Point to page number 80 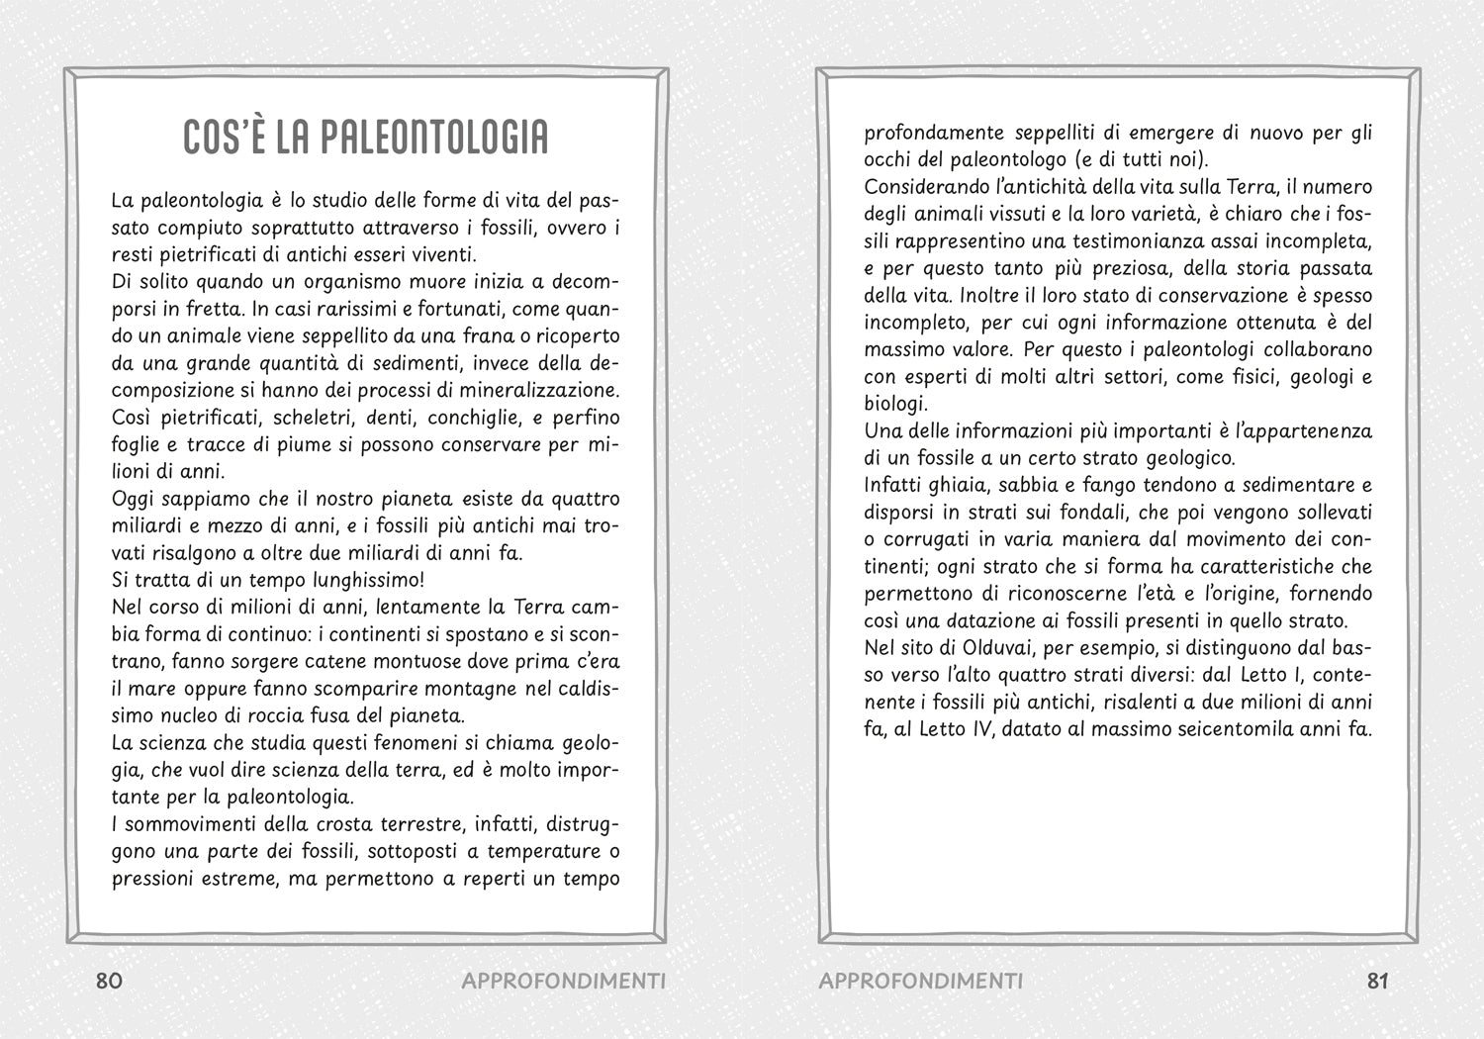[x=109, y=981]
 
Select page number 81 [x=1378, y=981]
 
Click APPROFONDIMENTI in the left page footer [x=563, y=981]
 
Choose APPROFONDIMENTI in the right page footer [x=921, y=981]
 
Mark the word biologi [x=895, y=404]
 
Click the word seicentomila [x=1225, y=729]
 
